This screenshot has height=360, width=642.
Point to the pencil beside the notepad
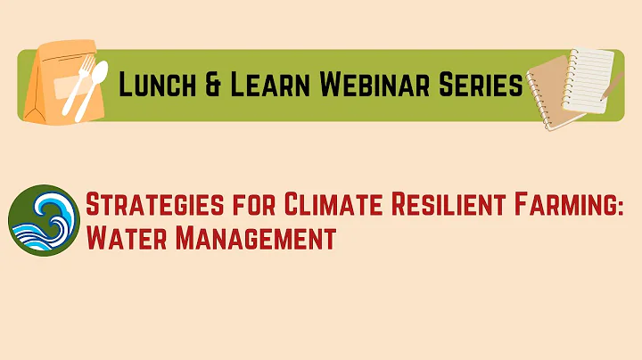click(613, 86)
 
